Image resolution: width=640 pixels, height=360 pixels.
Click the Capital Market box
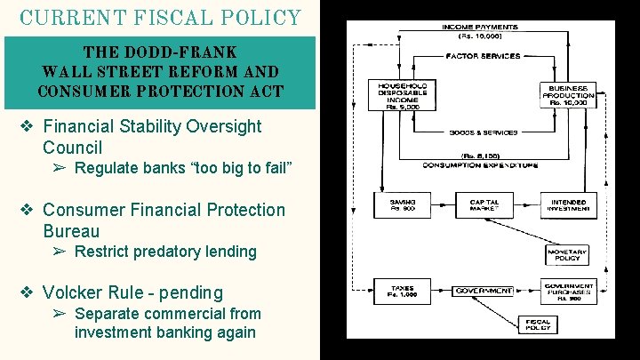(x=484, y=205)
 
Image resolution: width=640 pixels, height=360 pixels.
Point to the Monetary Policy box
(x=566, y=255)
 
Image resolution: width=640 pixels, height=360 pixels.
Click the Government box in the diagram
(x=484, y=291)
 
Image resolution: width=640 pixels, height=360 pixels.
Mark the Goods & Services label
(x=484, y=132)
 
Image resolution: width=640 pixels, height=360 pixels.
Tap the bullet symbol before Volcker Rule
(x=28, y=292)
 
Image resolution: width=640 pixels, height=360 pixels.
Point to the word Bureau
(x=71, y=231)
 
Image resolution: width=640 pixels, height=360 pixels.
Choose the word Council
(x=72, y=148)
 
